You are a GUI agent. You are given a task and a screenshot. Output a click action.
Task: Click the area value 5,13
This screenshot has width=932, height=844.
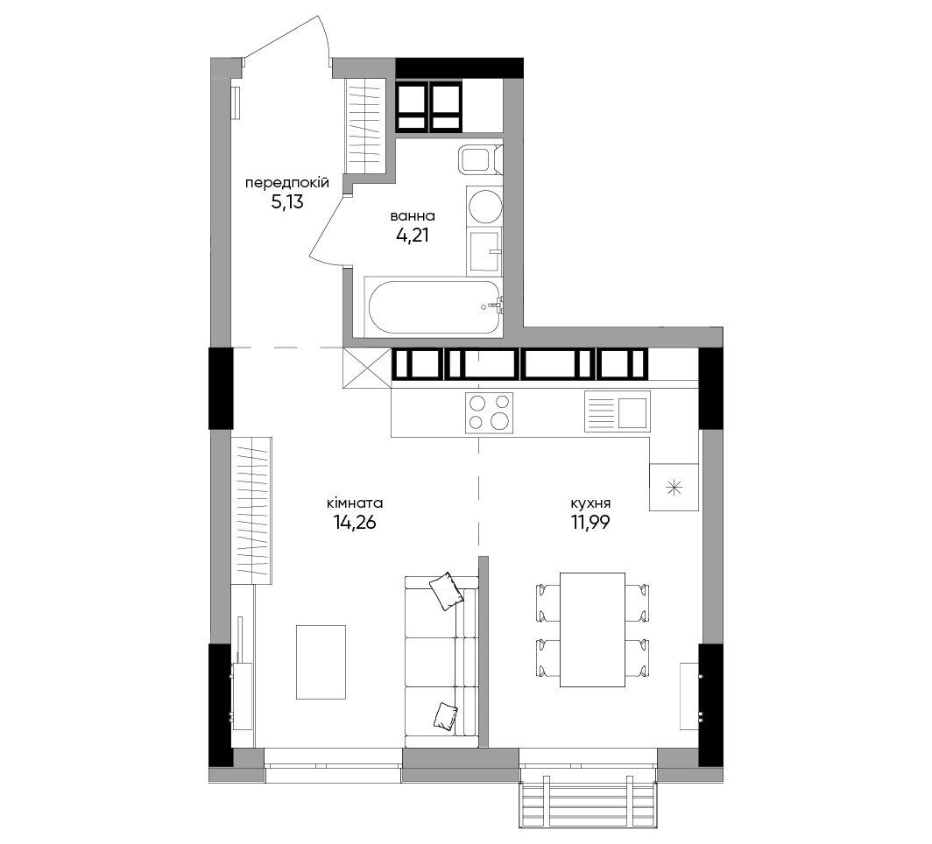coord(287,202)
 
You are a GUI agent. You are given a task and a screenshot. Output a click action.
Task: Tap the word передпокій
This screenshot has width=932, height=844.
coord(287,183)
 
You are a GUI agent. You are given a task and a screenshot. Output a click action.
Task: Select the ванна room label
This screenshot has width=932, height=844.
coord(413,215)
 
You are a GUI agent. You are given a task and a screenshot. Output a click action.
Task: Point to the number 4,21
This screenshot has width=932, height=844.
coord(413,236)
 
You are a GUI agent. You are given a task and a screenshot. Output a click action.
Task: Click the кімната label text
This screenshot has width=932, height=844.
coord(355,503)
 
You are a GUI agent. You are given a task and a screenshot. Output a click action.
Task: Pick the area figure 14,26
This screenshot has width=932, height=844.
coord(355,523)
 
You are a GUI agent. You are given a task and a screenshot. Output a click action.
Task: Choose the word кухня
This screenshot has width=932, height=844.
coord(590,503)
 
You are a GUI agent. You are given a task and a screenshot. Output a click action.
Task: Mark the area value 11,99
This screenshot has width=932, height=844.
coord(590,523)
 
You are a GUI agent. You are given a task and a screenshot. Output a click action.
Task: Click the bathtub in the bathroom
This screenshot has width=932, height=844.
coord(434,307)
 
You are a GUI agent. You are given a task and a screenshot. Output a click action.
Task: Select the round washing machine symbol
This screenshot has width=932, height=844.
coord(485,206)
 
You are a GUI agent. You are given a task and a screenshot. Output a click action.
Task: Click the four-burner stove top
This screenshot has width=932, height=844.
coord(489,412)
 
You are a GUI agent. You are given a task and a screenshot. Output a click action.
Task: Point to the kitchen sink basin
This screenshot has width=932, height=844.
coord(632,412)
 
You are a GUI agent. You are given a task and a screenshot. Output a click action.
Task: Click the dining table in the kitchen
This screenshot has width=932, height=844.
coord(593,629)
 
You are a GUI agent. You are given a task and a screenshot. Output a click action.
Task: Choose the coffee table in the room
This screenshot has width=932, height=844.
coord(321,662)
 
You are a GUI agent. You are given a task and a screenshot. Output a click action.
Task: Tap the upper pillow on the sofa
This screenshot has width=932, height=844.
coord(446,590)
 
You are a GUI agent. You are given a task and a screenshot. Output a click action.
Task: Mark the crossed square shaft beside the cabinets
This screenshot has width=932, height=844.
coord(367,369)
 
